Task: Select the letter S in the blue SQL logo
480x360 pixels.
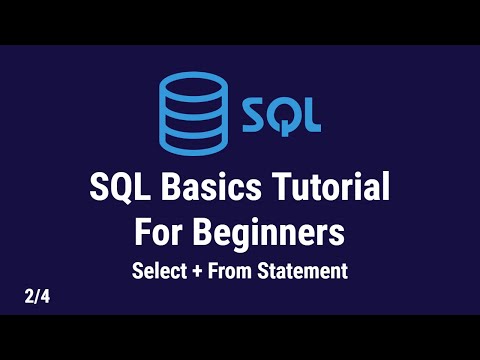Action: click(256, 116)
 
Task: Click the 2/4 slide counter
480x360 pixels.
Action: click(36, 296)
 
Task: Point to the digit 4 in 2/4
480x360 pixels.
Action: click(45, 296)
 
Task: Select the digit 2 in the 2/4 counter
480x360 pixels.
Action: click(28, 296)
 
